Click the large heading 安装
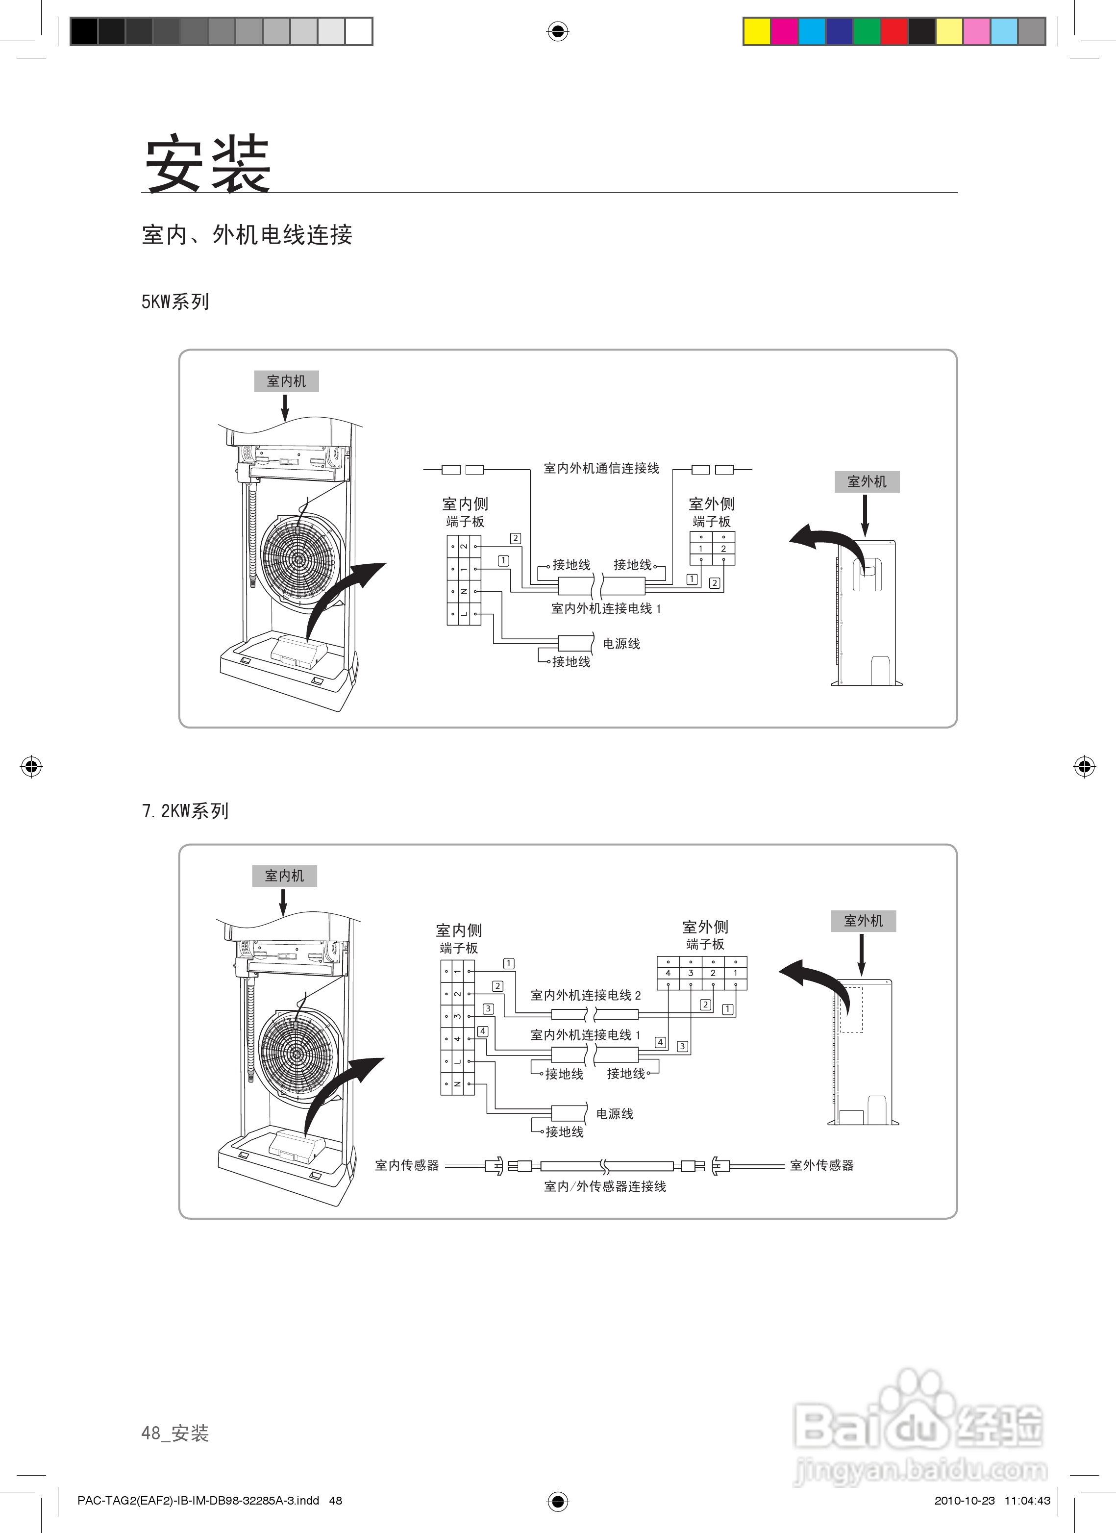(207, 164)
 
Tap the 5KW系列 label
(175, 302)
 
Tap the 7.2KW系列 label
(185, 810)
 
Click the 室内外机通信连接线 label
(601, 468)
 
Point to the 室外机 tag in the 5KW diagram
(867, 482)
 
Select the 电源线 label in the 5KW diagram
(621, 644)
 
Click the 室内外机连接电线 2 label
(585, 995)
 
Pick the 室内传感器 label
(407, 1165)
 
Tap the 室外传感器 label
(822, 1165)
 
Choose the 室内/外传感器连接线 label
(605, 1187)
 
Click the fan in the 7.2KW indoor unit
(298, 1053)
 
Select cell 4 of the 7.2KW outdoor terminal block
(668, 973)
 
